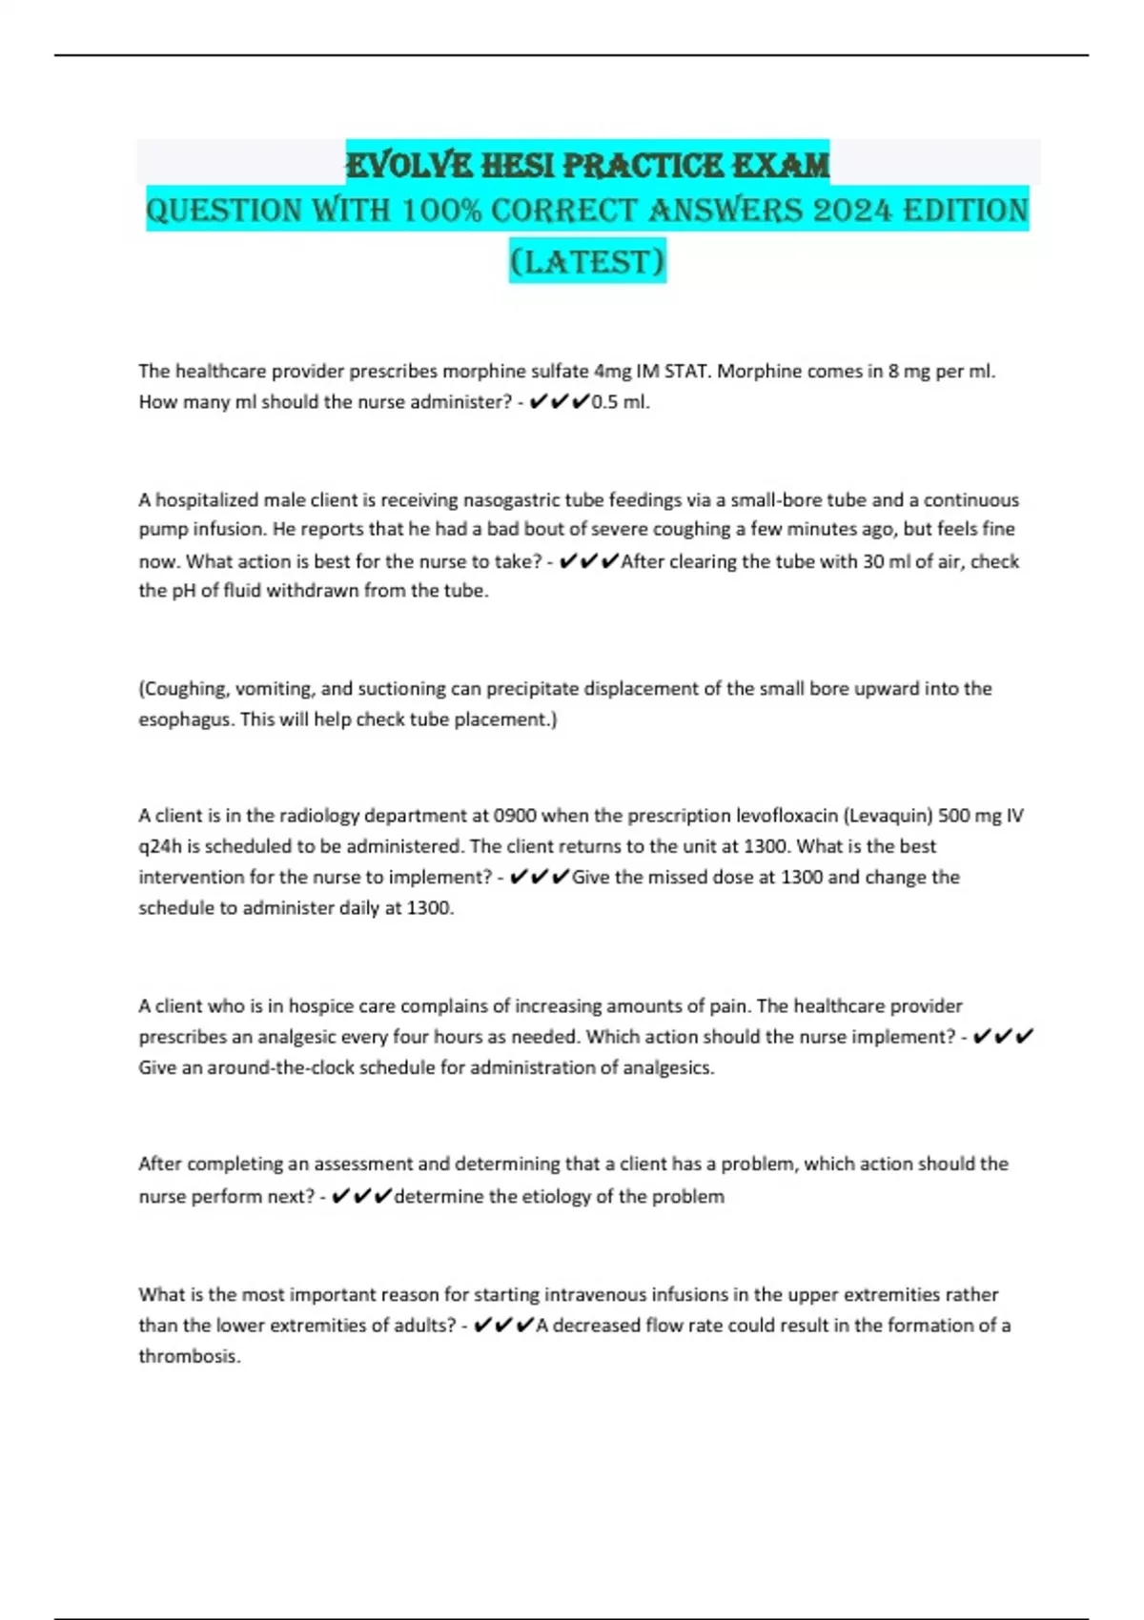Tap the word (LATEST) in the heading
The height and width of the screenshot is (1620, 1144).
point(587,261)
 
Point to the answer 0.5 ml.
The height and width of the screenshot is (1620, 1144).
point(620,402)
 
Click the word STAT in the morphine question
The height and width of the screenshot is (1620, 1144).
point(686,371)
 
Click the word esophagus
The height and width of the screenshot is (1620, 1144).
point(186,719)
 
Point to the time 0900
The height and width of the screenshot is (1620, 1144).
point(515,816)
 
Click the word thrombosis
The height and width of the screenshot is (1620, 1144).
point(189,1356)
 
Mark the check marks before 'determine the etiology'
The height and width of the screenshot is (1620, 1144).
point(362,1197)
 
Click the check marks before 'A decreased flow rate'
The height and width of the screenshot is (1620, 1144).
point(503,1326)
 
